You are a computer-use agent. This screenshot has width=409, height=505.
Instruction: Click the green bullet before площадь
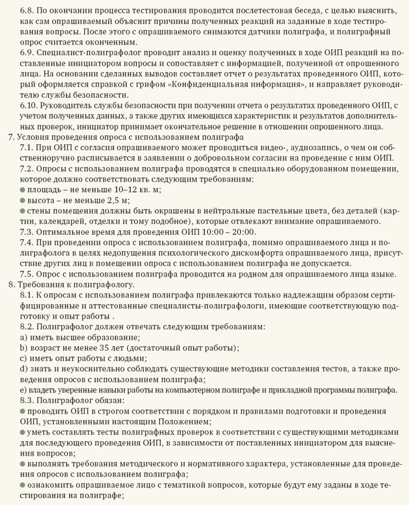pos(22,190)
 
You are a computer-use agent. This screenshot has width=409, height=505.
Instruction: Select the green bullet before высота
pos(22,200)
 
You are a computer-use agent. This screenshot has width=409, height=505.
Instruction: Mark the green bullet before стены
pos(22,211)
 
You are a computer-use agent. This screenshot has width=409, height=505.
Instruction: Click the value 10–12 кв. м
pos(135,190)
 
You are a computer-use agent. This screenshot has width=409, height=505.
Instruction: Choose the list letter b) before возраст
pos(23,348)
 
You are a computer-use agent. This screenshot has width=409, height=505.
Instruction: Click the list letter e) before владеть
pos(23,390)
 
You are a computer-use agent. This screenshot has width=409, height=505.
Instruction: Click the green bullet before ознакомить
pos(22,485)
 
